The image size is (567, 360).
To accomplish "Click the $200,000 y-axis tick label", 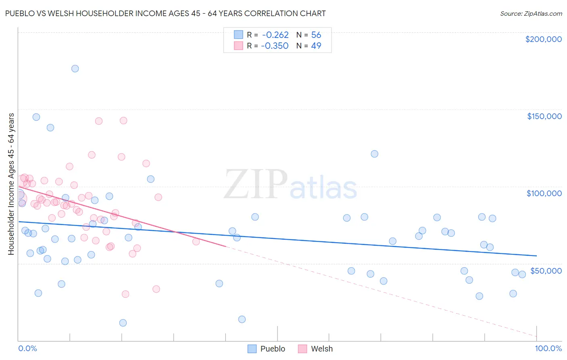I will click(x=543, y=39).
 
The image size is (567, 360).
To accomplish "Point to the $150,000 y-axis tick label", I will click(x=544, y=116).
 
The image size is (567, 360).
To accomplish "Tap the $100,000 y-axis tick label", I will click(x=544, y=193).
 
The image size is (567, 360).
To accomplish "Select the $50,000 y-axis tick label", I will click(x=546, y=271).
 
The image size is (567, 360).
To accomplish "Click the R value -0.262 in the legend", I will click(x=275, y=35).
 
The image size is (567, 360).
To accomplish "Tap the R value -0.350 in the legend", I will click(x=275, y=46).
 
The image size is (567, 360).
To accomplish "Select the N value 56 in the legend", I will click(x=316, y=35).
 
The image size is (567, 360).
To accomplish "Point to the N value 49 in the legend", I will click(x=316, y=46).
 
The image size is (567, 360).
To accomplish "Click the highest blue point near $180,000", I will click(x=75, y=69).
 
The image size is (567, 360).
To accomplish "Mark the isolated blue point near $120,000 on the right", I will click(x=374, y=154).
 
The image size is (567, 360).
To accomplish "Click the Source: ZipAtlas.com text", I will click(x=531, y=13).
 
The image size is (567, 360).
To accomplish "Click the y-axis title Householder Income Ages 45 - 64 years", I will click(x=11, y=184).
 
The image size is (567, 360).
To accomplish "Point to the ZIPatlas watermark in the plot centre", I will click(x=290, y=185).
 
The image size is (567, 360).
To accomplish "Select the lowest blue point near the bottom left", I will click(x=123, y=323).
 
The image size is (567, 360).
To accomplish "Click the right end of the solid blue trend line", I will click(x=536, y=255).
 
